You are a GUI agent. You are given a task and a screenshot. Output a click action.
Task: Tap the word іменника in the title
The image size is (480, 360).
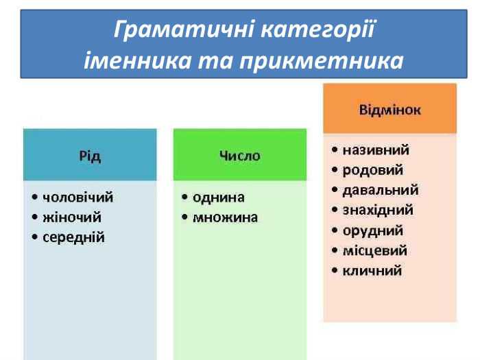[x=128, y=61]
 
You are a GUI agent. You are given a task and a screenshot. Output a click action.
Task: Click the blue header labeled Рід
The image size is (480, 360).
[x=90, y=156]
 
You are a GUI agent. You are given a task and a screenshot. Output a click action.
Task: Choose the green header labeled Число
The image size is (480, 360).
[x=239, y=156]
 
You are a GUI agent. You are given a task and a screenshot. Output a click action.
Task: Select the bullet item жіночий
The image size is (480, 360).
[x=72, y=217]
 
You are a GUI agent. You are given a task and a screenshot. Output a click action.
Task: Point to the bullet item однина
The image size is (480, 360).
[x=218, y=197]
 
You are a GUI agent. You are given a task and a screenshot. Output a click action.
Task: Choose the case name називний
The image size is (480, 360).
[x=375, y=149]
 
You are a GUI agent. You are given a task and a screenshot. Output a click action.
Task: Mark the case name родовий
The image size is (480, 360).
[x=372, y=169]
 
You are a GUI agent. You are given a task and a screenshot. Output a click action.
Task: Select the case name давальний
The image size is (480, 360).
[x=380, y=190]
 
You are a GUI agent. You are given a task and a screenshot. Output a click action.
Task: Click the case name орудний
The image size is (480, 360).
[x=372, y=230]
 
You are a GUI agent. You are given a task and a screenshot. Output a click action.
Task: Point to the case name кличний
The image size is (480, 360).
[x=372, y=270]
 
